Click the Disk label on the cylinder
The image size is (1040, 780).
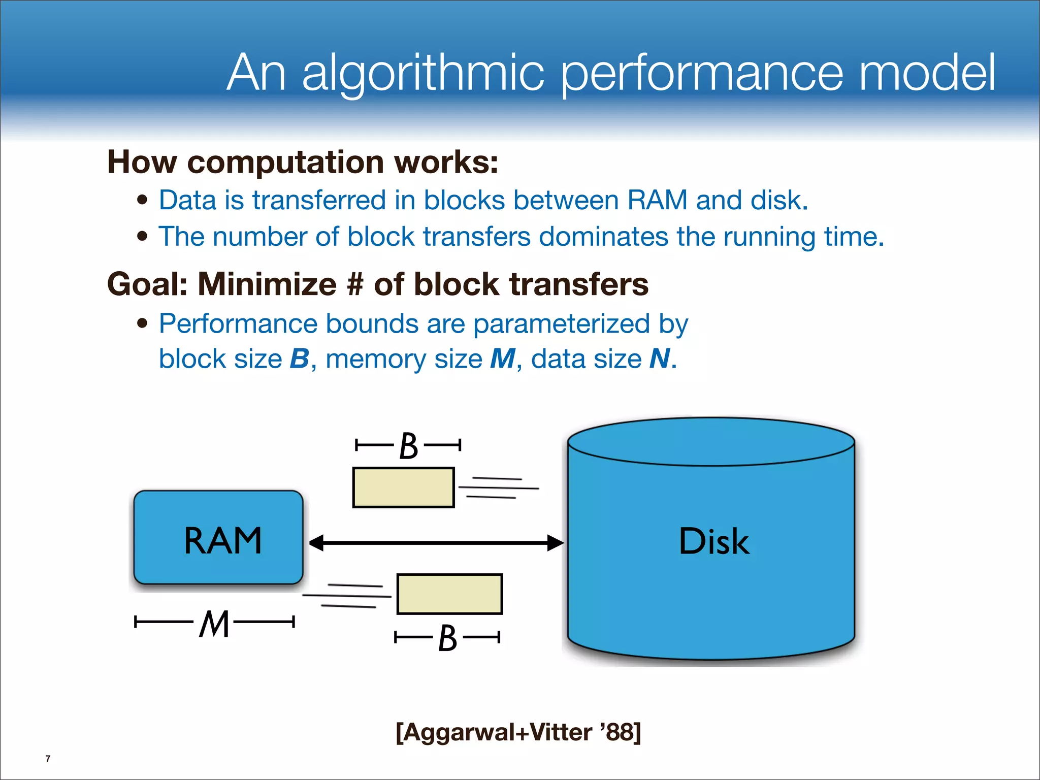click(713, 541)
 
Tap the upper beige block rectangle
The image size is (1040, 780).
click(403, 487)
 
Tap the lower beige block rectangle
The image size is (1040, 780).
click(449, 594)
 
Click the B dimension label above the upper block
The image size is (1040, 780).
click(409, 446)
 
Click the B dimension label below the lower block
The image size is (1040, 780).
click(447, 638)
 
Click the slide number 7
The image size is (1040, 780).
click(48, 759)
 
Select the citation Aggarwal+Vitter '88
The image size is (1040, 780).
click(518, 732)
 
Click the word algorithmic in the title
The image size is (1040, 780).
click(423, 74)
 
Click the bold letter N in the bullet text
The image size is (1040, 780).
click(660, 359)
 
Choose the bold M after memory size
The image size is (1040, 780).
click(502, 359)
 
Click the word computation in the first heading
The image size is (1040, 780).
click(285, 162)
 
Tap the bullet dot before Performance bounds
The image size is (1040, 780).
click(143, 323)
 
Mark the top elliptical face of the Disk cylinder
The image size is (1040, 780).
click(711, 441)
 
